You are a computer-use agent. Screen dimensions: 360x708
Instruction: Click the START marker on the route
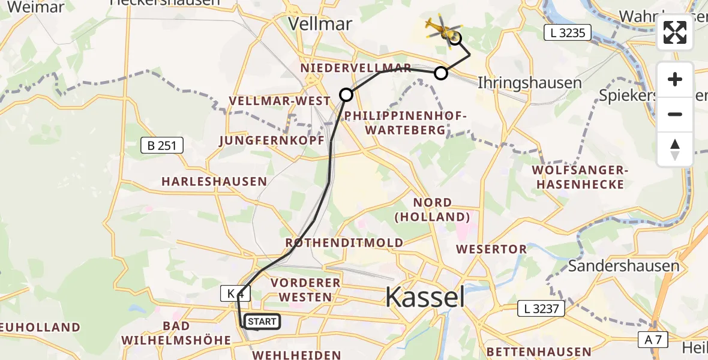point(262,322)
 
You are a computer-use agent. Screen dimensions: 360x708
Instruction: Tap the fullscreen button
point(675,32)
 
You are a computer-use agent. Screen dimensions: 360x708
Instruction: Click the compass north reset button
point(675,149)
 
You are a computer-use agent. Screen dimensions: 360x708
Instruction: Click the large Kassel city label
point(425,296)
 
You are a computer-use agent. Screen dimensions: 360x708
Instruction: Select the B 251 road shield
point(161,145)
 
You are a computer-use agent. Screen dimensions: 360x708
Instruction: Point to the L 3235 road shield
point(567,33)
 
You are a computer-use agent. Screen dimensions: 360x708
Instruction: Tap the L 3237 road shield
point(541,309)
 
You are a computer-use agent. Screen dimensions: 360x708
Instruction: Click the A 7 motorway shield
point(653,340)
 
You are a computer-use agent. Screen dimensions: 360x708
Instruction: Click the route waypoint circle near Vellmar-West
point(346,94)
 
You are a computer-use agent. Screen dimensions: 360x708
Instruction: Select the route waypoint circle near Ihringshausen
point(441,73)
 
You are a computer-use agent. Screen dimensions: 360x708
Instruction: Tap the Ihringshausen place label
point(529,83)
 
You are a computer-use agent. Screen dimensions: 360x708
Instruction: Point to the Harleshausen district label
point(214,181)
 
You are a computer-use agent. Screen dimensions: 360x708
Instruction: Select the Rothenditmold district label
point(344,243)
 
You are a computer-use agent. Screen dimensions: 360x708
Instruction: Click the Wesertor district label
point(491,248)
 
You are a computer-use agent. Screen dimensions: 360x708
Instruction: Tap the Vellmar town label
point(320,23)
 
